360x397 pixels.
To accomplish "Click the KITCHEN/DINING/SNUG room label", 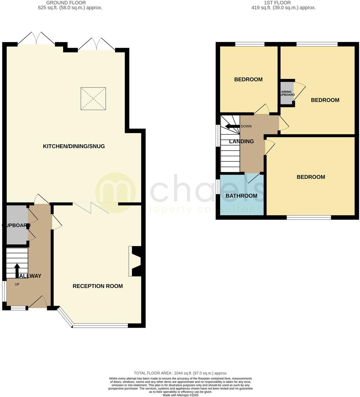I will click(x=74, y=146).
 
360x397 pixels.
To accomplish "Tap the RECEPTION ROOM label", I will click(x=97, y=286).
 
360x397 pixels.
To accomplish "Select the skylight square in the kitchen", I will click(x=93, y=99).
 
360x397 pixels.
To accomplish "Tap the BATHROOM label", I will click(x=241, y=196).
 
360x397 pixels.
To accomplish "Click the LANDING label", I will click(x=241, y=141).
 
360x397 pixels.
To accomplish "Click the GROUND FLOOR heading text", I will click(x=66, y=3).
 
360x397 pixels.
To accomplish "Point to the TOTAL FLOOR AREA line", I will click(x=180, y=373).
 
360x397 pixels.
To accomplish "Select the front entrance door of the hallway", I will click(x=39, y=302).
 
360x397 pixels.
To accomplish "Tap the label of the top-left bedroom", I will click(x=248, y=79).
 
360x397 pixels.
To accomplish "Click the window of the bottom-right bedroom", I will click(x=309, y=217).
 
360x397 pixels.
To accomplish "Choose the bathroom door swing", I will click(x=253, y=178).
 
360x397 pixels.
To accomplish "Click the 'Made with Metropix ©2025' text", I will click(x=180, y=395).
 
